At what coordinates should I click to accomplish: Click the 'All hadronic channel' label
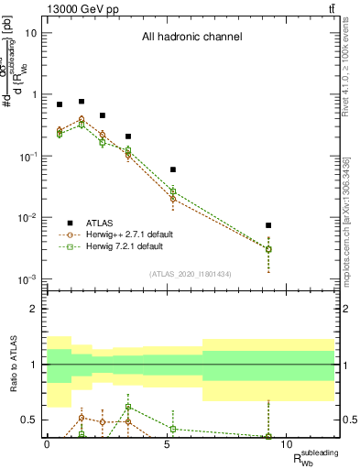[191, 38]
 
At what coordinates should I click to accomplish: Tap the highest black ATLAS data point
[82, 102]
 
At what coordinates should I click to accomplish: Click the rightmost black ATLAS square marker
[268, 225]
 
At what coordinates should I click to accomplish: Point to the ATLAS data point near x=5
[172, 169]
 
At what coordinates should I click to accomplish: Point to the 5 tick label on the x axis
[167, 444]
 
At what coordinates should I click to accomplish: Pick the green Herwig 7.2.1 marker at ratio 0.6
[129, 407]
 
